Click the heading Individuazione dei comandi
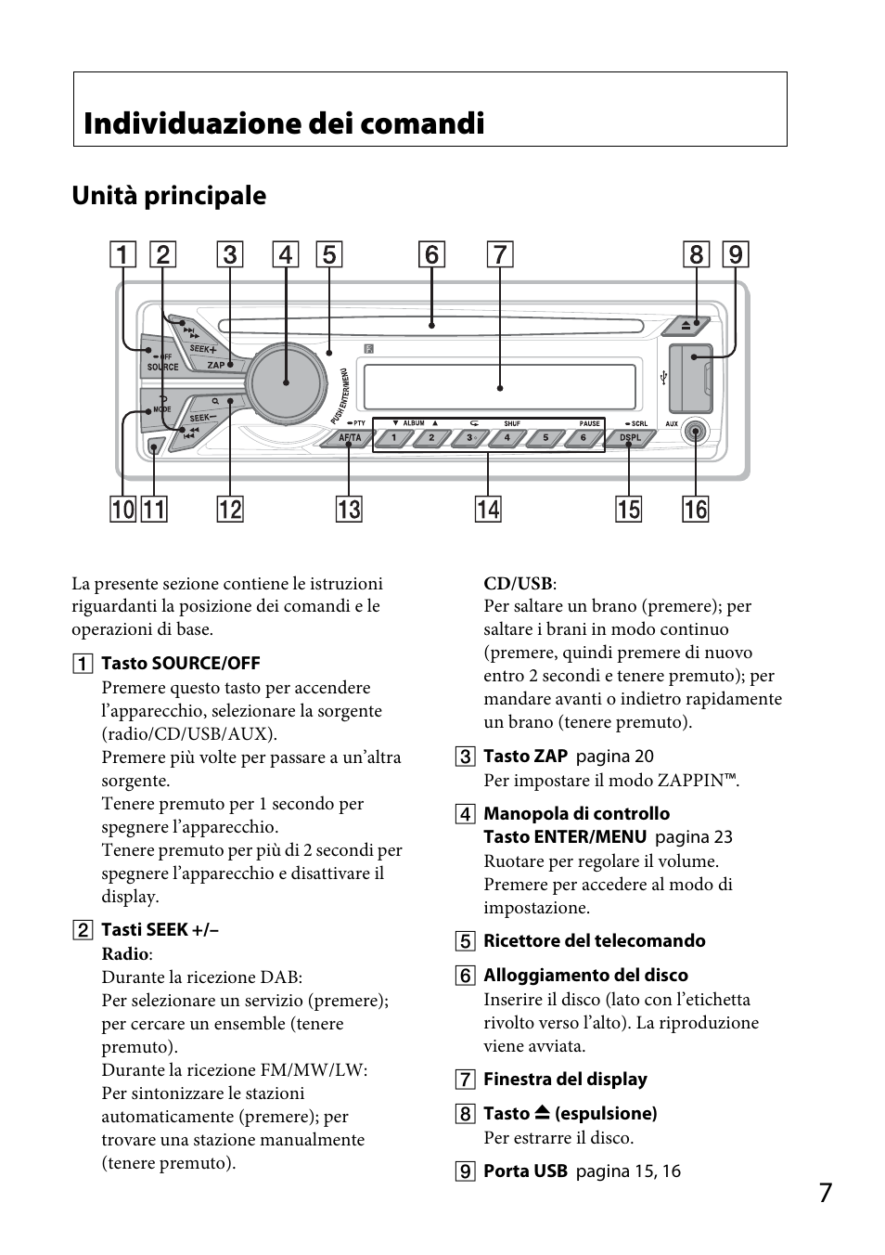point(284,123)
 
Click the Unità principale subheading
point(169,196)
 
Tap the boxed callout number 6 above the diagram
point(431,254)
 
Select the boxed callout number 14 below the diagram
point(487,509)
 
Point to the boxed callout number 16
point(695,509)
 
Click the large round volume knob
point(287,380)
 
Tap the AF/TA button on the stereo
point(350,438)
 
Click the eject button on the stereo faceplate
point(686,326)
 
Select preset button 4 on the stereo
point(507,438)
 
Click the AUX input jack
point(696,432)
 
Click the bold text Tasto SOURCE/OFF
point(180,663)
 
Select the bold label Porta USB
point(525,1171)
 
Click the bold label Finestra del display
point(565,1080)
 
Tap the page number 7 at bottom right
point(826,1193)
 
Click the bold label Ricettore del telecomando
point(594,941)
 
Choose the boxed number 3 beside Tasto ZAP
point(465,757)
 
